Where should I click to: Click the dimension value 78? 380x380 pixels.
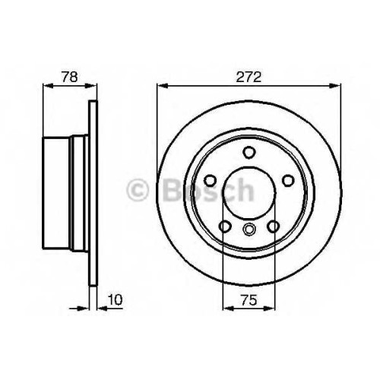coord(69,77)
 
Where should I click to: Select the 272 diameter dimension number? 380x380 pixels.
coord(249,77)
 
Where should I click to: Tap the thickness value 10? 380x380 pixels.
coord(115,299)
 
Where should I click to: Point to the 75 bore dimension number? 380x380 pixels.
coord(249,300)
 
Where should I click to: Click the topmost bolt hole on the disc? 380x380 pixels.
coord(249,152)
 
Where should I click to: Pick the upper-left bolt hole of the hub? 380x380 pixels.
coord(211,180)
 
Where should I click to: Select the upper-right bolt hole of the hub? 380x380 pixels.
coord(288,180)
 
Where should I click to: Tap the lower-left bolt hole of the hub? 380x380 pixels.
coord(225,226)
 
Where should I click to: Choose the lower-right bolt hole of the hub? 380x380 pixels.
coord(274,226)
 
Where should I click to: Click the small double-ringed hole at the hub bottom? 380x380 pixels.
coord(249,228)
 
